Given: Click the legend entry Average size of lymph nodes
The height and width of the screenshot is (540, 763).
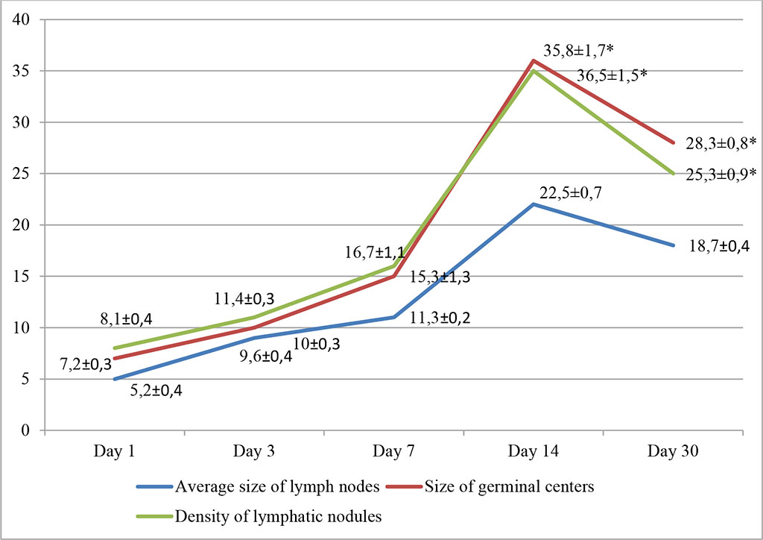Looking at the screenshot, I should (x=261, y=489).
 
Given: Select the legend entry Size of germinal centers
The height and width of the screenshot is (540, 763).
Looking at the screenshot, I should (x=499, y=489).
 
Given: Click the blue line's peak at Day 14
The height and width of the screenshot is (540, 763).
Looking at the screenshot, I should (x=534, y=204).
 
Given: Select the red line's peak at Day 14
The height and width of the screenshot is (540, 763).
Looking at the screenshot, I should (x=534, y=60).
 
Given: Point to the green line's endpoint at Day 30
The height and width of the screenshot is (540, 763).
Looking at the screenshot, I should (x=674, y=174).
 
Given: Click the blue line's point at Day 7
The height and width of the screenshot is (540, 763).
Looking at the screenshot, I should (x=394, y=317).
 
